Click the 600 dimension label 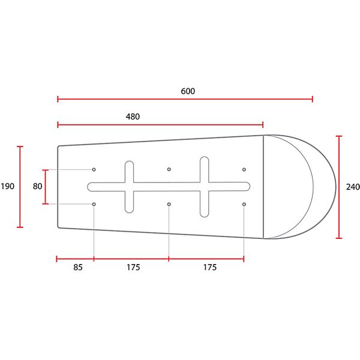point(188,91)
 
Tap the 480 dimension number point(133,116)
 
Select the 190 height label point(7,186)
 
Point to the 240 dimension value point(353,187)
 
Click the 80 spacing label point(37,186)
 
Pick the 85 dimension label point(78,267)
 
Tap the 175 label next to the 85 point(133,267)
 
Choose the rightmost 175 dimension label point(210,267)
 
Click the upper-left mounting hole point(94,169)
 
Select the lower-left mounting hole point(94,204)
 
